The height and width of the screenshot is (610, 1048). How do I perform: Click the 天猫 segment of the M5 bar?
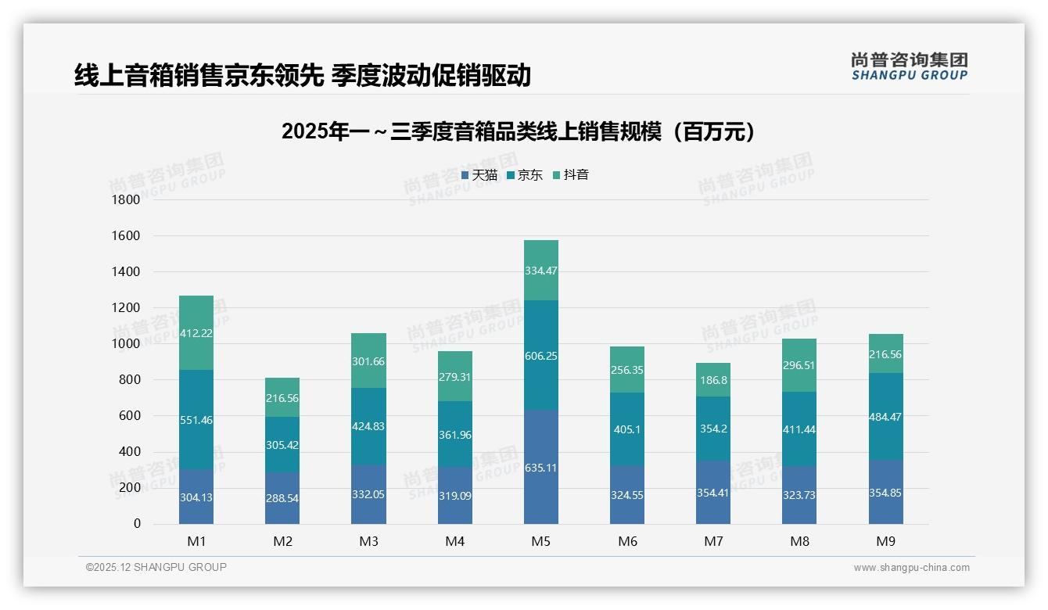pyautogui.click(x=541, y=466)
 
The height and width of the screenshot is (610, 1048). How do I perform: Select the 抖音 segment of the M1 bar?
pyautogui.click(x=196, y=332)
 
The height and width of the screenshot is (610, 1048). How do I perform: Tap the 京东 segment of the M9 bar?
pyautogui.click(x=885, y=416)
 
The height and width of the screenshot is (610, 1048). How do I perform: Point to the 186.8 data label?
pyautogui.click(x=713, y=380)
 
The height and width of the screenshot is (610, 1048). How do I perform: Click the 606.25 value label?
pyautogui.click(x=541, y=355)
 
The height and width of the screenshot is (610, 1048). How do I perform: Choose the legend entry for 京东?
pyautogui.click(x=525, y=175)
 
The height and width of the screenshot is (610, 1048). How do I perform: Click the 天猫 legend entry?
pyautogui.click(x=479, y=175)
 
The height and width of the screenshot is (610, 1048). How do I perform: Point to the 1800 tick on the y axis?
pyautogui.click(x=125, y=200)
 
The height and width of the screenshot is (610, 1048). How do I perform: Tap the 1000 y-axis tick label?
pyautogui.click(x=125, y=344)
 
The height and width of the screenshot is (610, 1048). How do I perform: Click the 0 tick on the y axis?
pyautogui.click(x=137, y=524)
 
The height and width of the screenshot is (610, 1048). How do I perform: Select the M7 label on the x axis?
pyautogui.click(x=713, y=541)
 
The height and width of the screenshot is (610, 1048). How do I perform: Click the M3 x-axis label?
pyautogui.click(x=368, y=541)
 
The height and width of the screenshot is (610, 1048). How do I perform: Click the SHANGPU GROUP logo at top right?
pyautogui.click(x=909, y=66)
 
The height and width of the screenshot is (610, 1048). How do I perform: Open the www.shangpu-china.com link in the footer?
pyautogui.click(x=911, y=568)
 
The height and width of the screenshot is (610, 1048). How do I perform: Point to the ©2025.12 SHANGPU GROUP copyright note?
pyautogui.click(x=156, y=568)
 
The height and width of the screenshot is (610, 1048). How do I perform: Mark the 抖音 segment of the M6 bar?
pyautogui.click(x=627, y=370)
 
